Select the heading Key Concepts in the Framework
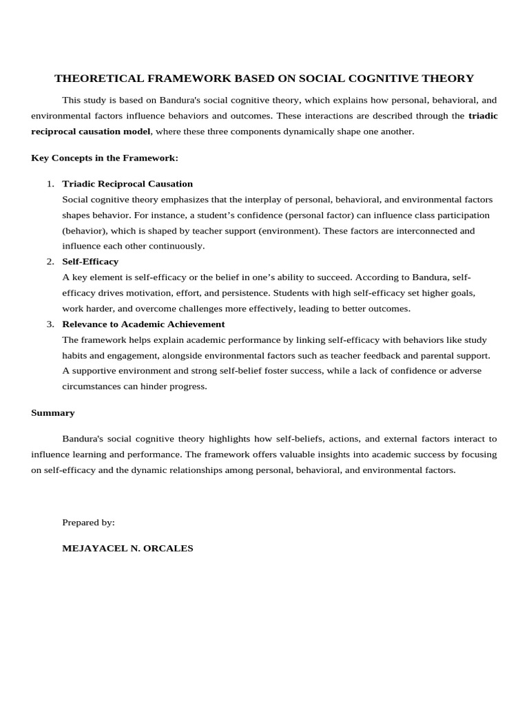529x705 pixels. coord(105,158)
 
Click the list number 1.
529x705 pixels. coord(50,184)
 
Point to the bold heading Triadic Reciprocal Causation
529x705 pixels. coord(127,184)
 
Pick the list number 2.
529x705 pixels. coord(50,262)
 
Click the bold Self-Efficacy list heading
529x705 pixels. coord(90,262)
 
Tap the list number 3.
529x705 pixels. coord(50,324)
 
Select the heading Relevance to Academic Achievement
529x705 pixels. coord(143,324)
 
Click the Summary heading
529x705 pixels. coord(53,413)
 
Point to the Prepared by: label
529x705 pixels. coord(88,523)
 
